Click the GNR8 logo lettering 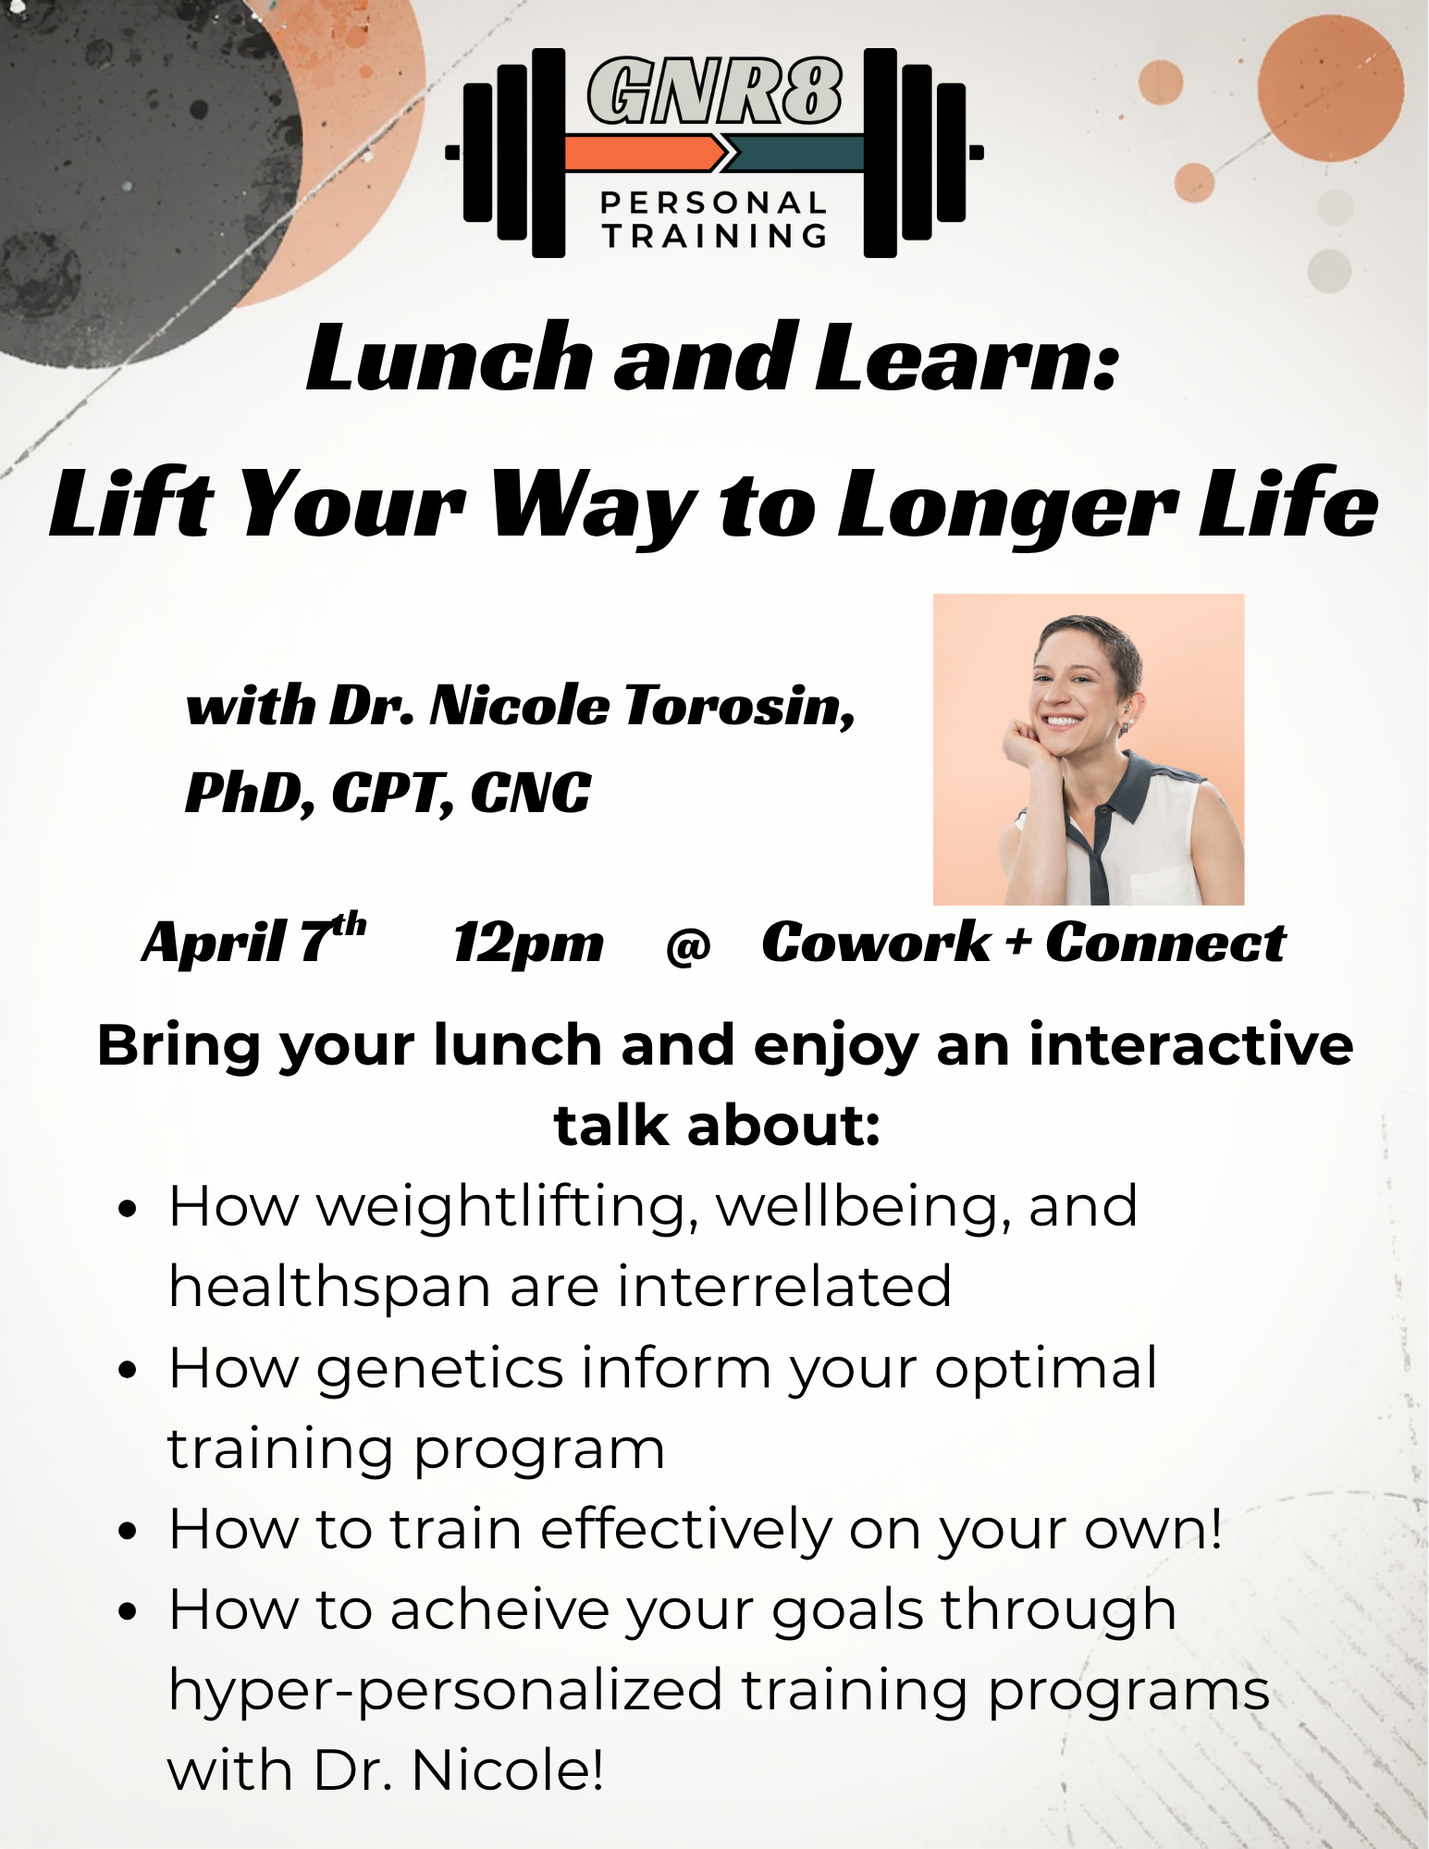coord(714,91)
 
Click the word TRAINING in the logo coord(714,237)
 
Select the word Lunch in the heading coord(450,359)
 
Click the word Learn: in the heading coord(967,359)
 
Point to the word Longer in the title coord(1007,506)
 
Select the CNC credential coord(530,794)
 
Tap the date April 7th coord(253,942)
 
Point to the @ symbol coord(688,945)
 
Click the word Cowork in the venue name coord(875,943)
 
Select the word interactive coord(1191,1045)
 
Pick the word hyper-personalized coord(445,1692)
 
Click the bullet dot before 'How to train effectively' coord(128,1531)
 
